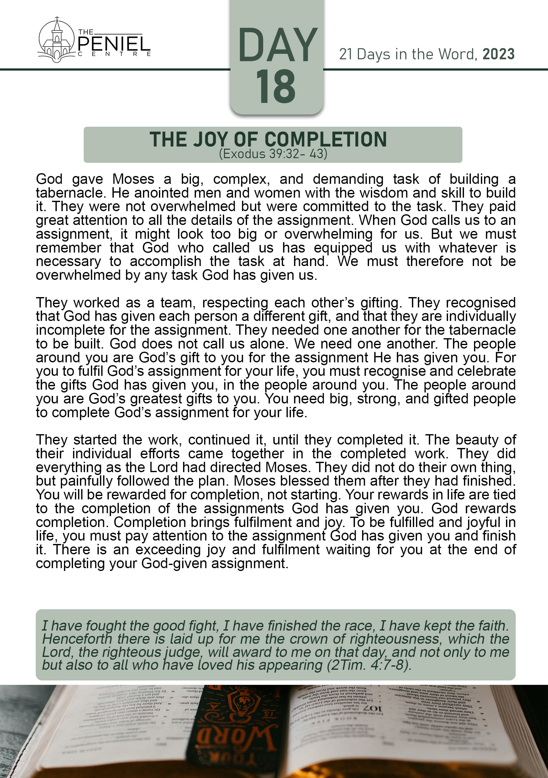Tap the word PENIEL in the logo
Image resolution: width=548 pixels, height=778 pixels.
coord(114,44)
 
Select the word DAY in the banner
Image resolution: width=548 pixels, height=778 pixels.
coord(277,45)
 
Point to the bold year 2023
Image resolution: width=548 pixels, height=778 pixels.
coord(498,54)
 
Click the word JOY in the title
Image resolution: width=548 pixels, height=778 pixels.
coord(210,140)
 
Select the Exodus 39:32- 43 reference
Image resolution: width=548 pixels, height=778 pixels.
coord(273,154)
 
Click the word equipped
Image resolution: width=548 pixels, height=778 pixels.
coord(343,248)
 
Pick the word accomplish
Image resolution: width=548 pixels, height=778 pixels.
coord(165,261)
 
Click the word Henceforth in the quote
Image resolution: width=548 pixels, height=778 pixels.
coord(77,639)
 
